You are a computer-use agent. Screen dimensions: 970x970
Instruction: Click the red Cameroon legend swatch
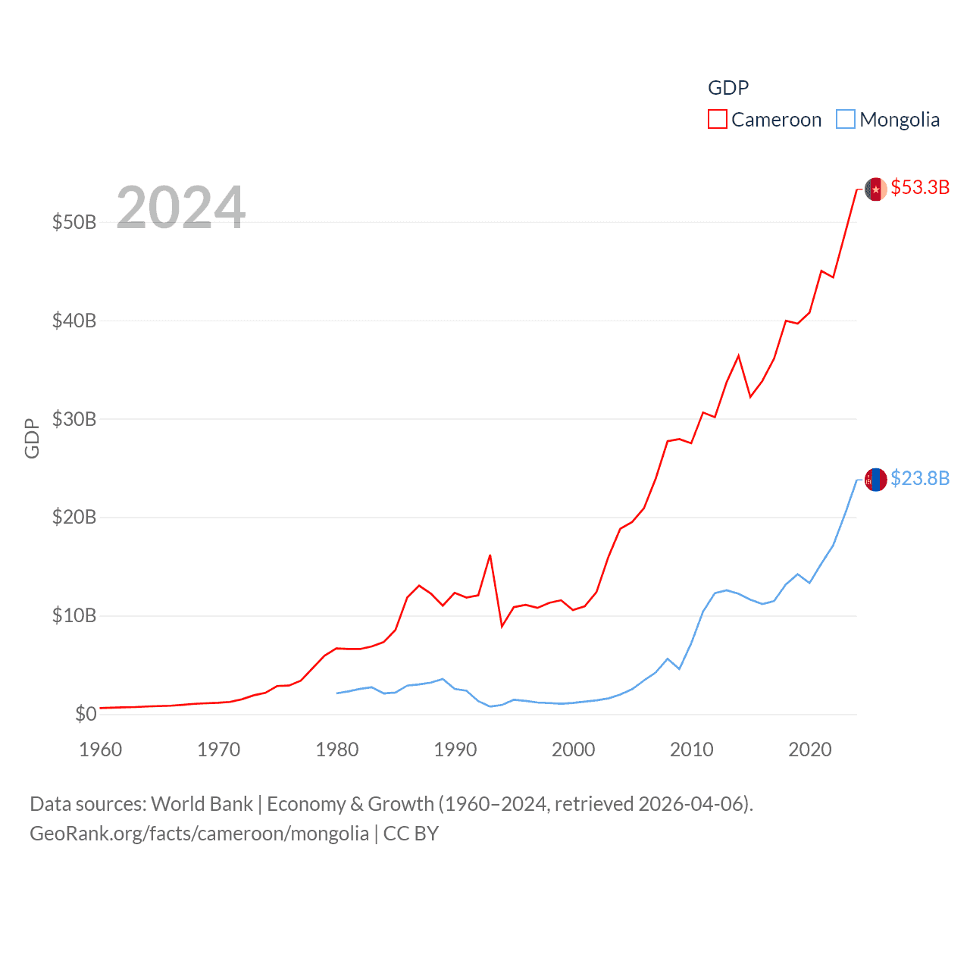[x=717, y=120]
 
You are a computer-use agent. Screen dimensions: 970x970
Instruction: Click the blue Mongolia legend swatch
[x=846, y=120]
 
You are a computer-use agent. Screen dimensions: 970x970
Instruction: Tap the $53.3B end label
[x=920, y=187]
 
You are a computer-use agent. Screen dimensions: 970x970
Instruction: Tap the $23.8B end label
[x=920, y=478]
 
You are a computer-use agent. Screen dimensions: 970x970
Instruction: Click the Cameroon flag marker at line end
[x=876, y=189]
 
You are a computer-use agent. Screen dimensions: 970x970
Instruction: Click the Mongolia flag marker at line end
[x=876, y=480]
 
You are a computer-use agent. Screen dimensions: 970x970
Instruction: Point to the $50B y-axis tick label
[x=74, y=222]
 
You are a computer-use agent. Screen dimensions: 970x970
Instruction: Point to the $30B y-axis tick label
[x=74, y=419]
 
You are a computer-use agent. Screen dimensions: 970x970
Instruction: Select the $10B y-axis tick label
[x=74, y=615]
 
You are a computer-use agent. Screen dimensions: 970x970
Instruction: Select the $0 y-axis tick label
[x=86, y=714]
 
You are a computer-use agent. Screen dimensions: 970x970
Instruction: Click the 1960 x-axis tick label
[x=100, y=750]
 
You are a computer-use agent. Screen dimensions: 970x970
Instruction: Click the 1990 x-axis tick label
[x=455, y=750]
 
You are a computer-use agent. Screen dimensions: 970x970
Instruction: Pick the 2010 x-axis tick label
[x=691, y=750]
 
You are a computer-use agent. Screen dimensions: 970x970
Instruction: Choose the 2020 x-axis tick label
[x=809, y=750]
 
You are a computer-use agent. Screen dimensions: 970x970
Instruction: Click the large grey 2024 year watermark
[x=180, y=207]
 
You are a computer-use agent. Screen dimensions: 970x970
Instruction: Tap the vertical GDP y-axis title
[x=32, y=438]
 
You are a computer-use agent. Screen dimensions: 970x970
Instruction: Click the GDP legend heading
[x=727, y=88]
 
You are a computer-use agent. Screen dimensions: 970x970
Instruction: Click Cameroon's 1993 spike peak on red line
[x=490, y=555]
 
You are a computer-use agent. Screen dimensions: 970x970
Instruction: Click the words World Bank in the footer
[x=202, y=804]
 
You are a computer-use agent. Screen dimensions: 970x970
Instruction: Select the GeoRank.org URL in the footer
[x=199, y=834]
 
